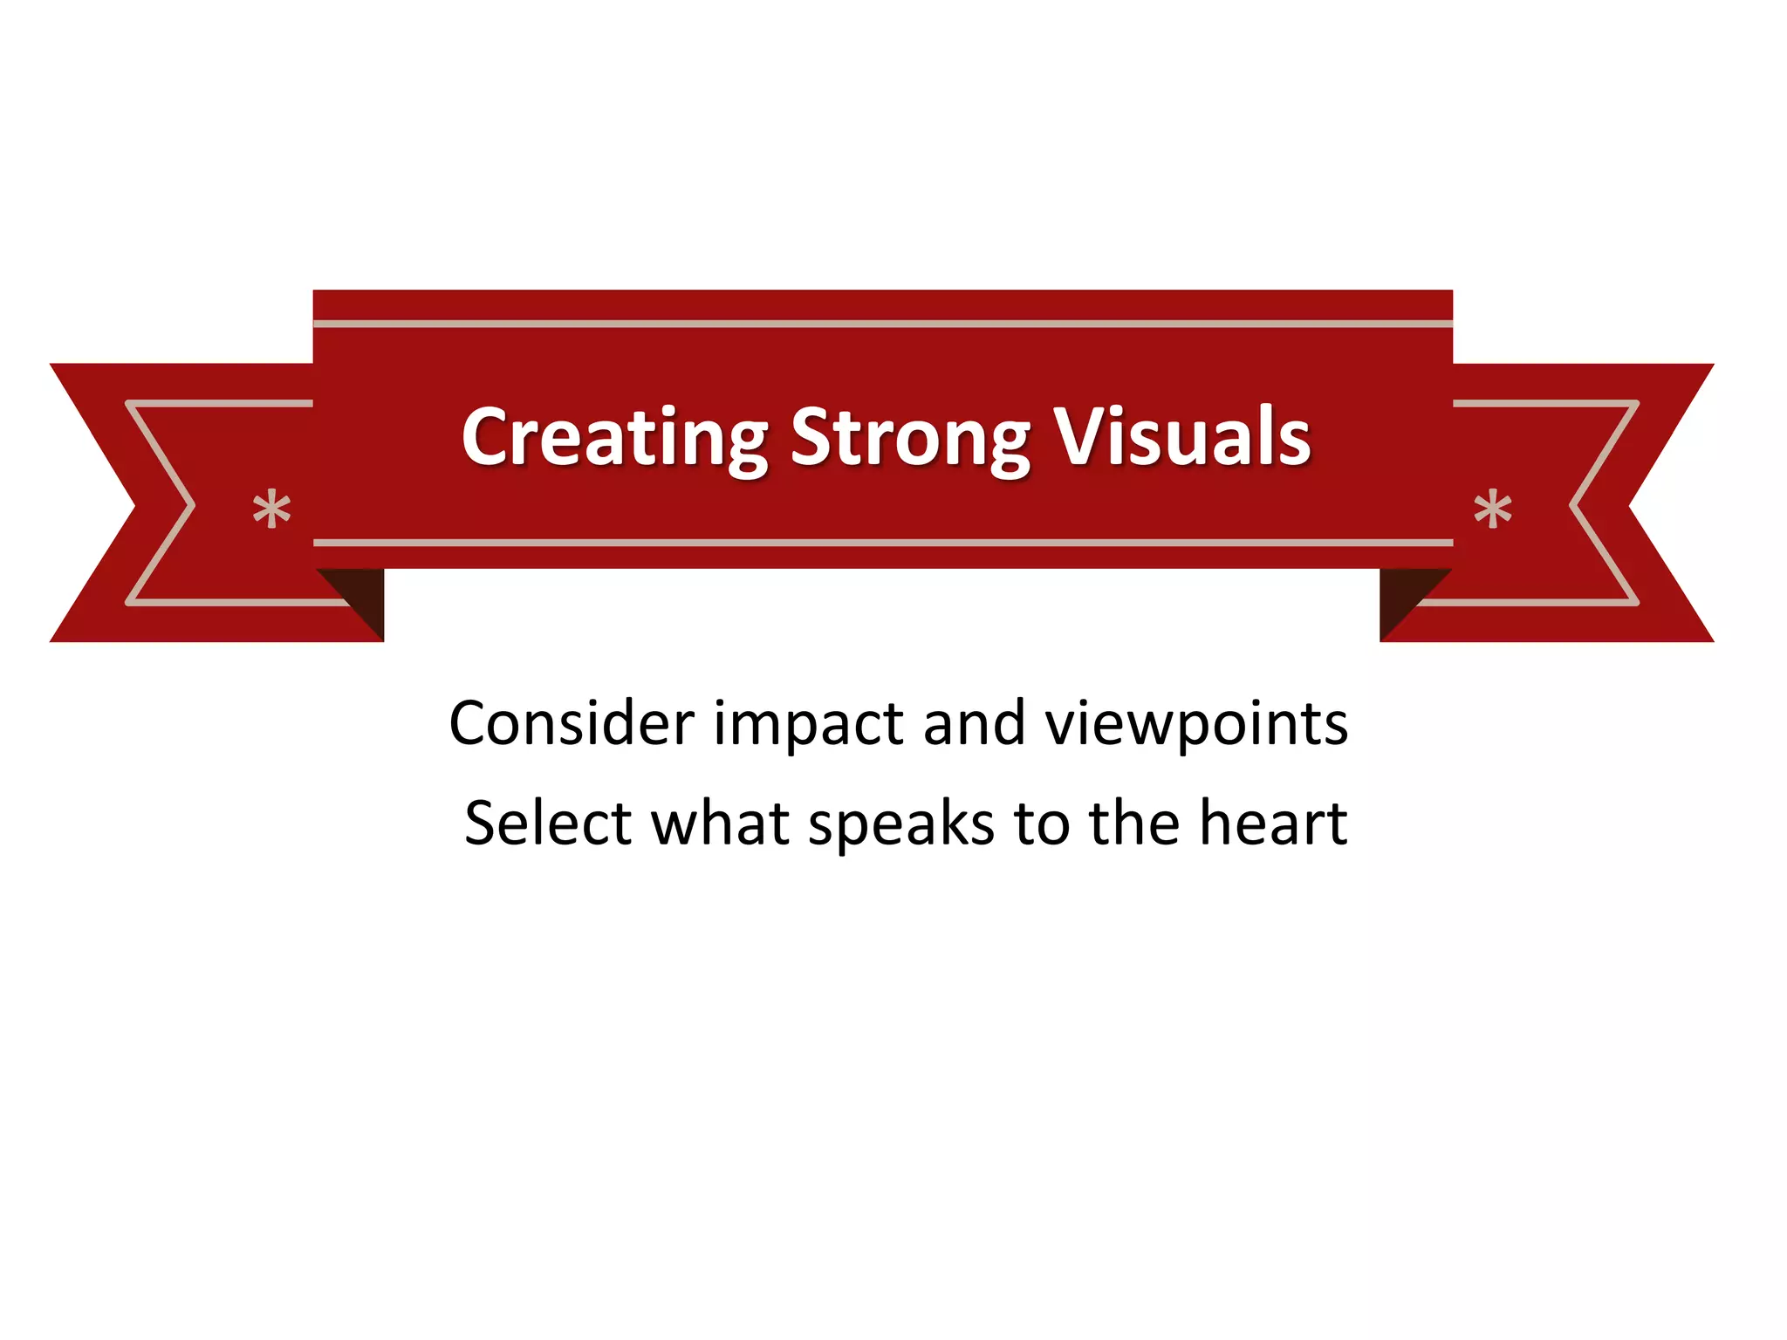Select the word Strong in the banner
pos(910,439)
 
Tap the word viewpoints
pos(1196,725)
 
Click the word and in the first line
pos(974,723)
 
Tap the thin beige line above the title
pos(882,324)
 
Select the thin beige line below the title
pos(882,543)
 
